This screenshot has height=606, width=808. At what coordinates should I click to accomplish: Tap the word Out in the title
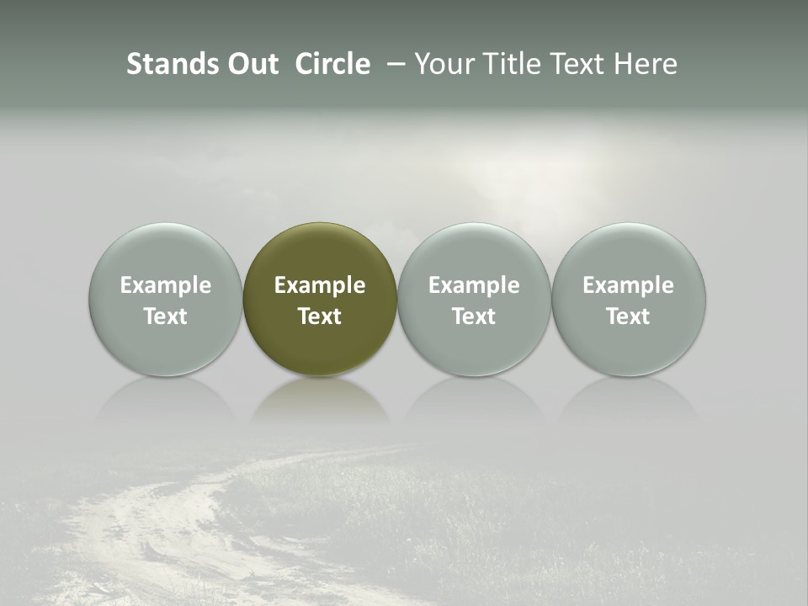point(252,64)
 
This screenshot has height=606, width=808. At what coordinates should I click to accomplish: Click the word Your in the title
point(443,64)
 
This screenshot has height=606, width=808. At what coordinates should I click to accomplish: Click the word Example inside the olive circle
point(320,285)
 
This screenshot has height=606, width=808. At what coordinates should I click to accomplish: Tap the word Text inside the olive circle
point(320,316)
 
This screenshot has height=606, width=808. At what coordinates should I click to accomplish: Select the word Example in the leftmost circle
point(166,285)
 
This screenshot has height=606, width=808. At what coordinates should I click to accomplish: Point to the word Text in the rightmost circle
point(629,316)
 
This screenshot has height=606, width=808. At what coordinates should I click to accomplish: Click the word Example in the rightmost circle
point(629,285)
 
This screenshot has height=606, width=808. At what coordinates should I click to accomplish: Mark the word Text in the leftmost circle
point(166,316)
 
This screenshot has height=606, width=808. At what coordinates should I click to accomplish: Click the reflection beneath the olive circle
point(320,400)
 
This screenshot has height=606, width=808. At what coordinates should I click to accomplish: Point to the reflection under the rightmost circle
point(629,400)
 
